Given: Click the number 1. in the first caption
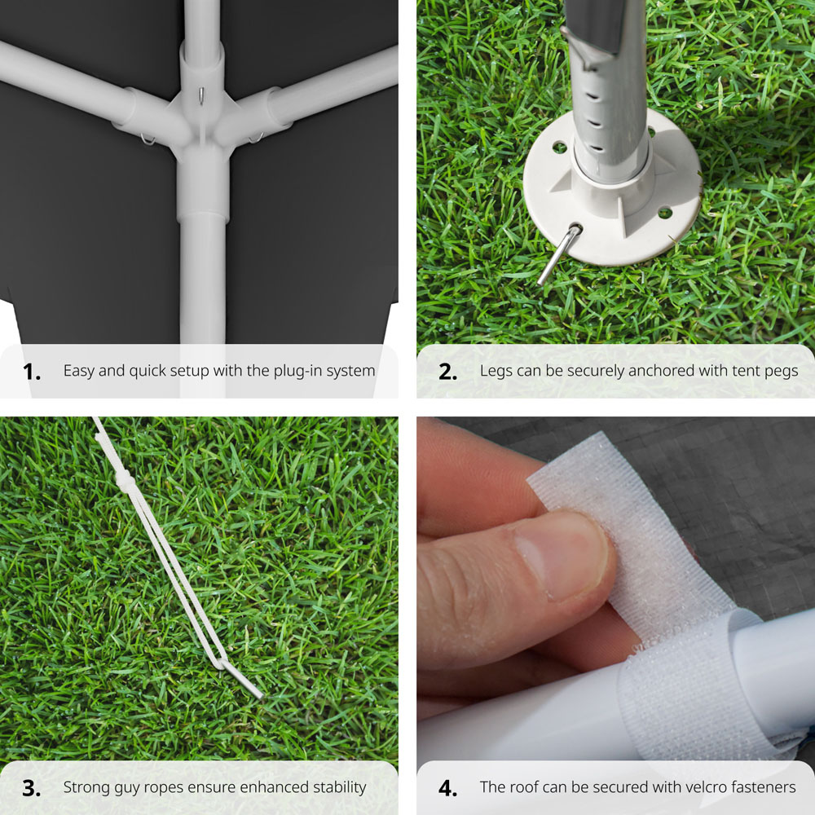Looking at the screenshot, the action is (x=32, y=372).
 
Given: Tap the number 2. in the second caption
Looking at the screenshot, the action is (x=448, y=372).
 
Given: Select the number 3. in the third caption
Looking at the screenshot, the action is (x=32, y=788).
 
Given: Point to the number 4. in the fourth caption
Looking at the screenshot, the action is (x=448, y=788).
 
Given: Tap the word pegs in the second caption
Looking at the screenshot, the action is (x=780, y=372).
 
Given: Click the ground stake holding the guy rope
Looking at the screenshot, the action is (x=242, y=680).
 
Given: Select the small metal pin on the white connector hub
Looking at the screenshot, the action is (x=201, y=95).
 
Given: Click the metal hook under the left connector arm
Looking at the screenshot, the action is (x=148, y=139).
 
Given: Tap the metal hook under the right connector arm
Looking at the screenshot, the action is (x=256, y=138).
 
